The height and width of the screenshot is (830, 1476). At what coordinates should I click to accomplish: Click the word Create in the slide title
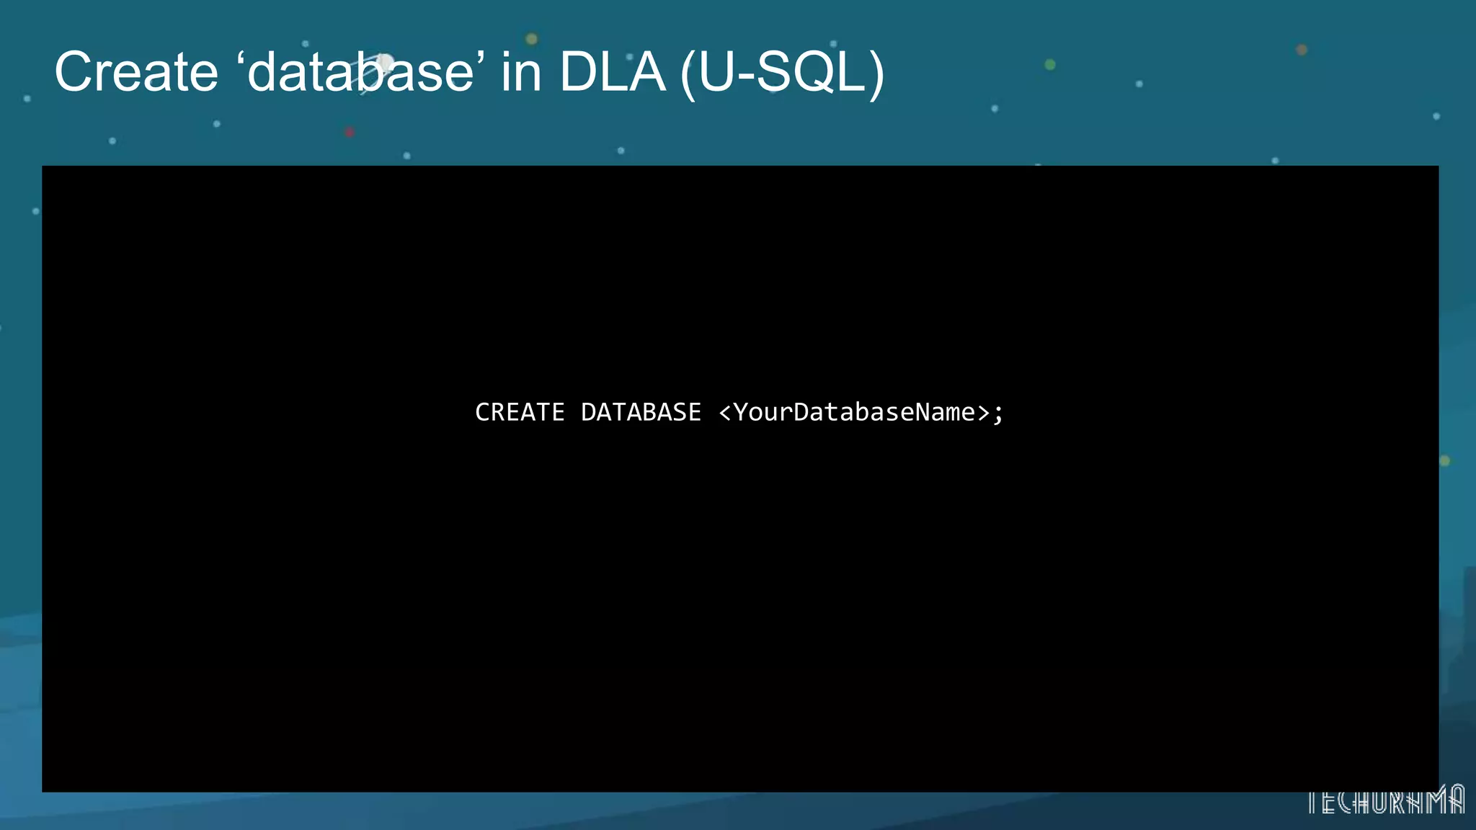136,72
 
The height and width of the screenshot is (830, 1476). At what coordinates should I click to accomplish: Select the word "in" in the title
520,72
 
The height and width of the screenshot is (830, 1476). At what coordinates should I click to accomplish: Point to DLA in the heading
612,72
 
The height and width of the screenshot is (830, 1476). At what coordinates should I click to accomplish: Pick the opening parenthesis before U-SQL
688,75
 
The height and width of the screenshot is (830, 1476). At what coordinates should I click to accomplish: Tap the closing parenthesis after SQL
876,75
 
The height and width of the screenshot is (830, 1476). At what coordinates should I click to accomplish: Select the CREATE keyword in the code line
520,412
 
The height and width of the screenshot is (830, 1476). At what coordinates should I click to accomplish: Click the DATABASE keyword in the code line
641,412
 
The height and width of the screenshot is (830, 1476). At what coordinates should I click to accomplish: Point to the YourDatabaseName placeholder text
854,412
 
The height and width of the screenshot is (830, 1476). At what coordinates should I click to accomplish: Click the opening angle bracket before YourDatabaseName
725,413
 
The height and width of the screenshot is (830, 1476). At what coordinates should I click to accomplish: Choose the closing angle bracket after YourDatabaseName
983,413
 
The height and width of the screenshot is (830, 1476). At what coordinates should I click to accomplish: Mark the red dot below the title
350,133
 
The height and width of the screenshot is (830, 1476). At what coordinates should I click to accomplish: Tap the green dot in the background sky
1050,65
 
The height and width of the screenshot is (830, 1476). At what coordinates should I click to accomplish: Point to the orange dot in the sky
1302,50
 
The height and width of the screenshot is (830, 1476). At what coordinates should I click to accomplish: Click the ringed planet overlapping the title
384,64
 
